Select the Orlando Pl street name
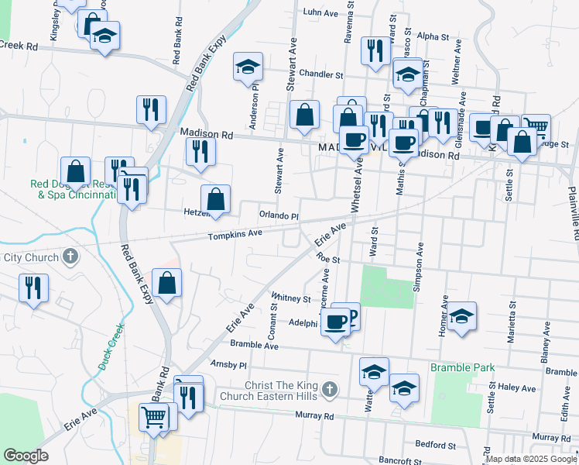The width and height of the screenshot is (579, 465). click(279, 215)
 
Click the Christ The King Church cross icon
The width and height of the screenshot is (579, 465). click(331, 390)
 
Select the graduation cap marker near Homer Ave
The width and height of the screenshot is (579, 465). click(461, 317)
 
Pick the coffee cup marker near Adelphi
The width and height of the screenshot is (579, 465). click(335, 322)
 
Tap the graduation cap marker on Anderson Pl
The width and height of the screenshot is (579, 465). click(248, 67)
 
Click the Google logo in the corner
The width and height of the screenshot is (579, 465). click(26, 456)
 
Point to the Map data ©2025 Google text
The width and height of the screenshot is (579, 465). click(531, 458)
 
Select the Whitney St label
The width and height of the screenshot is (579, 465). click(291, 298)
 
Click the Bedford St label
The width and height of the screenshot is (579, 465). click(435, 445)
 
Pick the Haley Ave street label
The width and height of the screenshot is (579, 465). click(517, 387)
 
